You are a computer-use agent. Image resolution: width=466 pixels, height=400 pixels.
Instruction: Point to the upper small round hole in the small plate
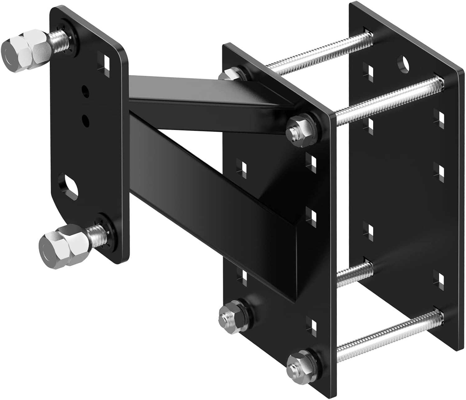85,90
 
